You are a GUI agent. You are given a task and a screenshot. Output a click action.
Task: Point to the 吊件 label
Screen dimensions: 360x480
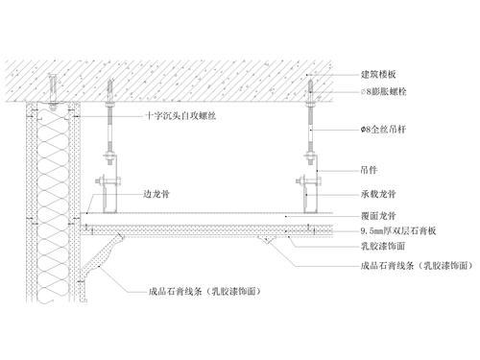pos(368,170)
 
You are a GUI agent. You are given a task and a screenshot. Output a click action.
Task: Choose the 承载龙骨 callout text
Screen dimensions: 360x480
pos(376,193)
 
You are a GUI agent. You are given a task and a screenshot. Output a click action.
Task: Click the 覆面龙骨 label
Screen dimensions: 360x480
pos(376,217)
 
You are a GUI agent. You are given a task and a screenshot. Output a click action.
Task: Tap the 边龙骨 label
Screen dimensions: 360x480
pos(156,192)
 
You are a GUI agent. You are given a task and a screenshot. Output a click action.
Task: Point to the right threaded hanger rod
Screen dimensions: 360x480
pos(311,134)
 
